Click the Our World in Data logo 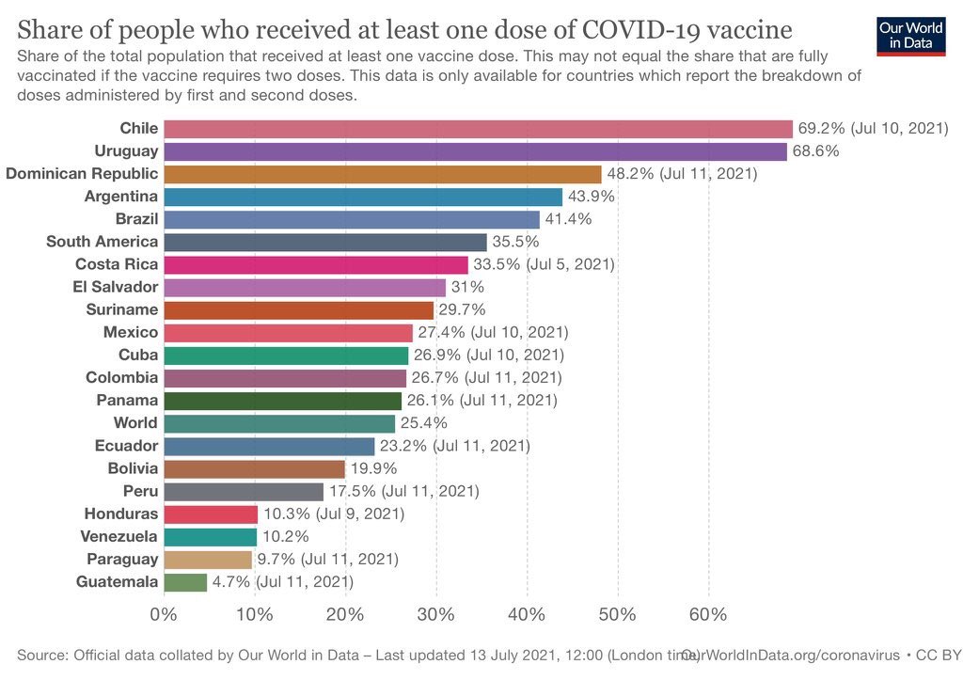[910, 35]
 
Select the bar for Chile [478, 129]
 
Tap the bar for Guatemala [185, 582]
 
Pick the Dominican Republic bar [382, 174]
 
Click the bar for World [279, 423]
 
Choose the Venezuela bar [210, 537]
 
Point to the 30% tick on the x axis [435, 615]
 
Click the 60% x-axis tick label [708, 615]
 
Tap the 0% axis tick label [164, 615]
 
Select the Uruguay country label [126, 151]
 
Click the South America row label [102, 242]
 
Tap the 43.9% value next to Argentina [592, 197]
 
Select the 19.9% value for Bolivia [373, 468]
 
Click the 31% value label [467, 287]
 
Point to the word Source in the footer [41, 654]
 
